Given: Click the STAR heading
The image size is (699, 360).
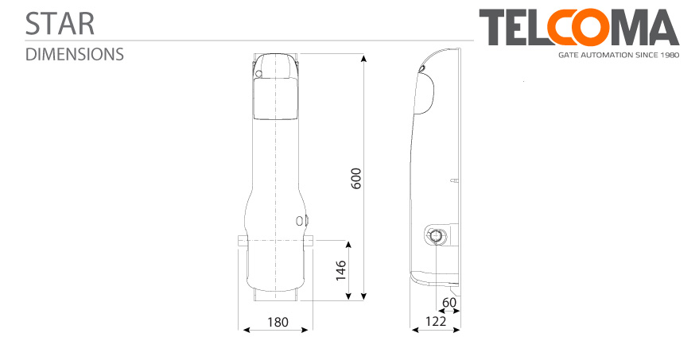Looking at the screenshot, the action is [60, 24].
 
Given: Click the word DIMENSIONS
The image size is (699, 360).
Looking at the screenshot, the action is [75, 54].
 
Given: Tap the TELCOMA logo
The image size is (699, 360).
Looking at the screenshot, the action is [579, 27].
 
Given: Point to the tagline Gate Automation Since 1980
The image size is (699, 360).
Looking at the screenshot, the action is [619, 56].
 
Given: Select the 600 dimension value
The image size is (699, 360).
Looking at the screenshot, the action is [356, 178].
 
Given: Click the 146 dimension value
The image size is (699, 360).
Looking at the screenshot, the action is [341, 270].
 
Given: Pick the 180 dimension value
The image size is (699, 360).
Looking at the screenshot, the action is [278, 322].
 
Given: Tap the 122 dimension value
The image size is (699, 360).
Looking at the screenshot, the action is [435, 321].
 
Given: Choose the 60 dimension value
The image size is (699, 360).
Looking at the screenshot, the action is [449, 303].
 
